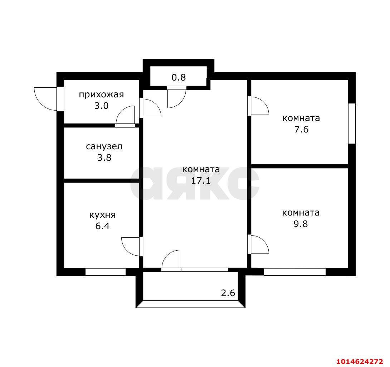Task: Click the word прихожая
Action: [101, 95]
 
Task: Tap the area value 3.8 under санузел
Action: [104, 158]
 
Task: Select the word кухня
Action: [102, 215]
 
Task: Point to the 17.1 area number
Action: [200, 180]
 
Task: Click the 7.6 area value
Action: [301, 129]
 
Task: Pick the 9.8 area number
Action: [301, 224]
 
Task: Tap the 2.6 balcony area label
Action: [228, 293]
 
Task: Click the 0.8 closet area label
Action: [179, 77]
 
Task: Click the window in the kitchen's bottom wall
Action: [106, 272]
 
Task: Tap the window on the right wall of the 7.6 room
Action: [352, 124]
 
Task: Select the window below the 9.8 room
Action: [294, 272]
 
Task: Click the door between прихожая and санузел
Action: [126, 116]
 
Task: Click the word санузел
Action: [104, 146]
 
